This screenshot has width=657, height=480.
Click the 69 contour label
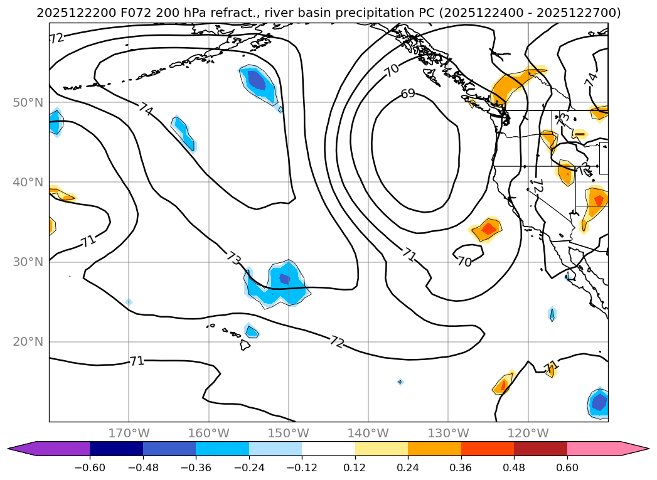point(408,94)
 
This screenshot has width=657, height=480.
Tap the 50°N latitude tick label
point(28,102)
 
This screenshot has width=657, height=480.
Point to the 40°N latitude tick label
point(28,182)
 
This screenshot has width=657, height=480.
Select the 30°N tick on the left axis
point(28,262)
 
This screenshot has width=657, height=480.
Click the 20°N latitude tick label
point(28,342)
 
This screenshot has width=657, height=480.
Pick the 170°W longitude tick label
point(129,433)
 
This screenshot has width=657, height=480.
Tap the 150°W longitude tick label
point(289,433)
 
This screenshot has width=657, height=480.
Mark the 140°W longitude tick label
point(368,433)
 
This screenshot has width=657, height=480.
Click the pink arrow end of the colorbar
point(634,449)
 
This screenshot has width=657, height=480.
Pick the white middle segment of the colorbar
point(328,449)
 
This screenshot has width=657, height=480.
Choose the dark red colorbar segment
point(540,449)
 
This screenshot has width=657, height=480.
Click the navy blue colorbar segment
point(116,449)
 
